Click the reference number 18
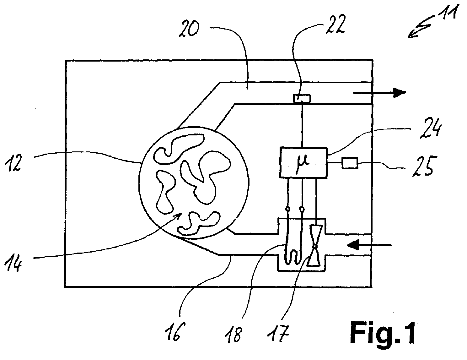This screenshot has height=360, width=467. pos(233,335)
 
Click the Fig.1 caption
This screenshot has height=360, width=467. pos(383,333)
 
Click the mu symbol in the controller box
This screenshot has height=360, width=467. pos(303,163)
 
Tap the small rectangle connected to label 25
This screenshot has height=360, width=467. pos(350,163)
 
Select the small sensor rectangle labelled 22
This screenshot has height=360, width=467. pos(302,99)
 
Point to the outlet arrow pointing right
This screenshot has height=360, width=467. pos(379,93)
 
